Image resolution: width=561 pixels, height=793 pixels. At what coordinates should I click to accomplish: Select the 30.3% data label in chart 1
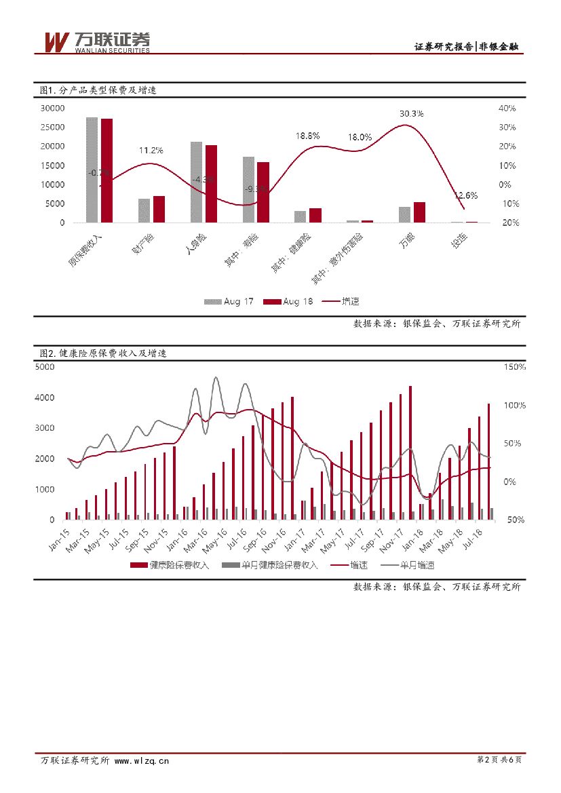click(411, 113)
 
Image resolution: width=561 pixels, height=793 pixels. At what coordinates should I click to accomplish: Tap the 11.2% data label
click(151, 150)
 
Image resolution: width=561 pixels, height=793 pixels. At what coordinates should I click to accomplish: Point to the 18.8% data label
click(307, 136)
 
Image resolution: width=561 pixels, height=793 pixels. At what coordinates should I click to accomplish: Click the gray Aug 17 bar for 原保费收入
click(92, 170)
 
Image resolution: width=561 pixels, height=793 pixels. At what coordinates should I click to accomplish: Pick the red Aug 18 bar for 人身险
click(211, 184)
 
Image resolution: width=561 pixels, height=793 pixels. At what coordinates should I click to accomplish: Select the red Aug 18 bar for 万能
click(419, 212)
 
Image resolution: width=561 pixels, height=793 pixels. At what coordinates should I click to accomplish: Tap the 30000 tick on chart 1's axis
click(52, 108)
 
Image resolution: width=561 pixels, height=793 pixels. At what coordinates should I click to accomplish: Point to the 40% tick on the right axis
click(507, 108)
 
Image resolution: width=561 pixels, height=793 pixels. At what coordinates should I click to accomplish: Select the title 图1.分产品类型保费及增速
click(98, 90)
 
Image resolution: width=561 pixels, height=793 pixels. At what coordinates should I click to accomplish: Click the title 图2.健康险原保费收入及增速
click(103, 353)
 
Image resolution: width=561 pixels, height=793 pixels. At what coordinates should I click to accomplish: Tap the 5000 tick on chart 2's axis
click(44, 367)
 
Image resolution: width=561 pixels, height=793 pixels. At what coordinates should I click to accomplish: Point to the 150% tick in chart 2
click(513, 367)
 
